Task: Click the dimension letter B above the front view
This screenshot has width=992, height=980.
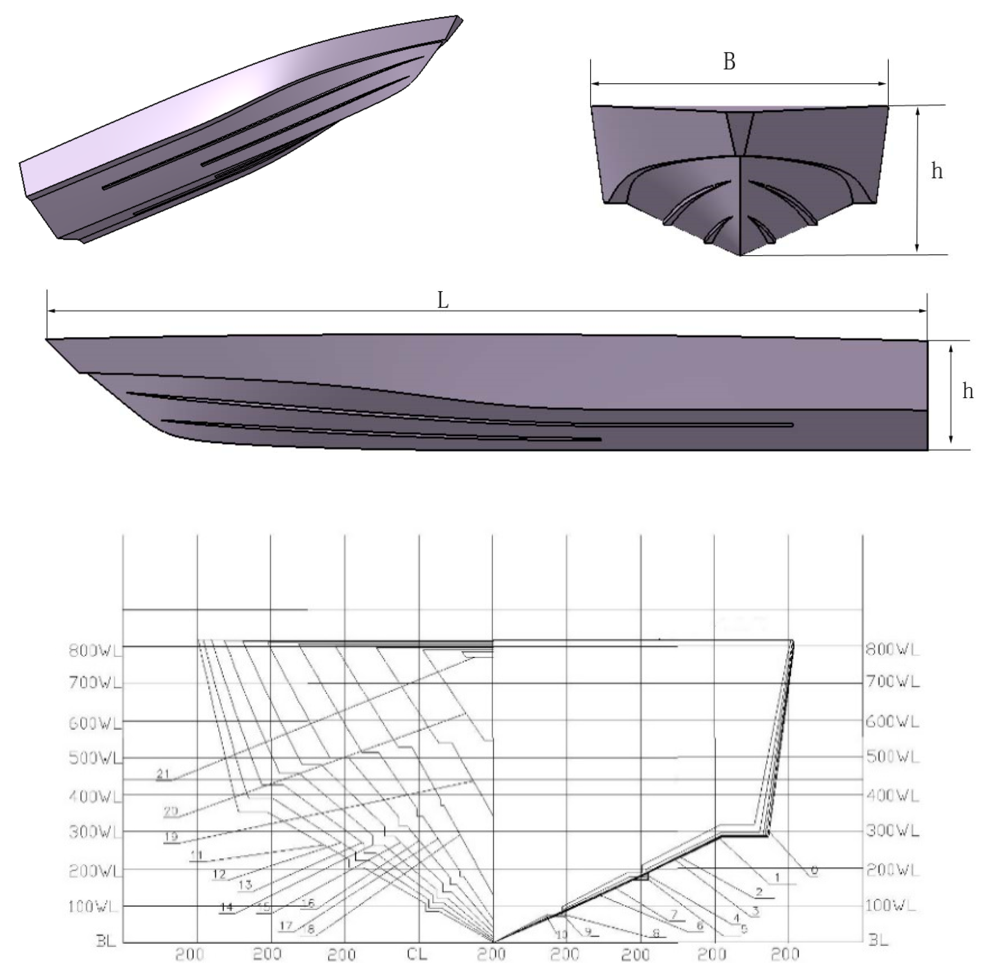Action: click(729, 62)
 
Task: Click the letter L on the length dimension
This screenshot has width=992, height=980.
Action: click(442, 300)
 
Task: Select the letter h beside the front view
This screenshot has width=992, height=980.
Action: click(937, 171)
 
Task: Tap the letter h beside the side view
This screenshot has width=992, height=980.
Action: click(967, 392)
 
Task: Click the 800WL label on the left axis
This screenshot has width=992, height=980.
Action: click(96, 650)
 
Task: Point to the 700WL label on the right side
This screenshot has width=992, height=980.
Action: click(892, 682)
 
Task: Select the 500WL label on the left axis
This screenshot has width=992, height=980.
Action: click(96, 758)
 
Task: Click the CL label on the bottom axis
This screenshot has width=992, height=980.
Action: click(417, 954)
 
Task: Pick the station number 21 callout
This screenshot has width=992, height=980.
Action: click(163, 775)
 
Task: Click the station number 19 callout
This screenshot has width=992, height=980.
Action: click(171, 837)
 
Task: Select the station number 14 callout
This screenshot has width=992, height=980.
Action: click(226, 907)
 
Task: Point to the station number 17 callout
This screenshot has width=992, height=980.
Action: click(286, 925)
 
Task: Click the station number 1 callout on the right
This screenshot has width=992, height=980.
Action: click(777, 878)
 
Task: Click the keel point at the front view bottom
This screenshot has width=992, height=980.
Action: click(740, 255)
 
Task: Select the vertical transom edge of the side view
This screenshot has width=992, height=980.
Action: click(927, 395)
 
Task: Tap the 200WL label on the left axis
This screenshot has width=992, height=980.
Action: click(96, 871)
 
